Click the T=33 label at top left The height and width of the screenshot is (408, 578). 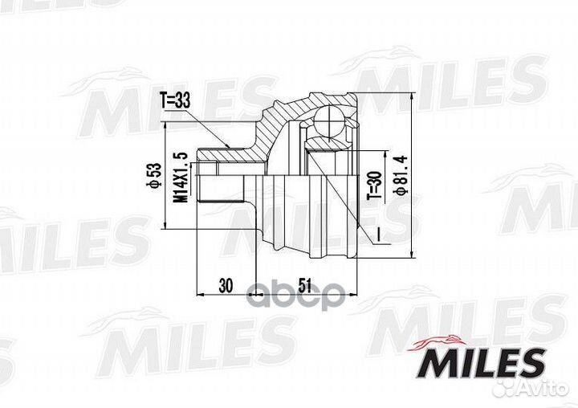coord(175,102)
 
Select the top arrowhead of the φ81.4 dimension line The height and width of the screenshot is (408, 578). coord(411,95)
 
